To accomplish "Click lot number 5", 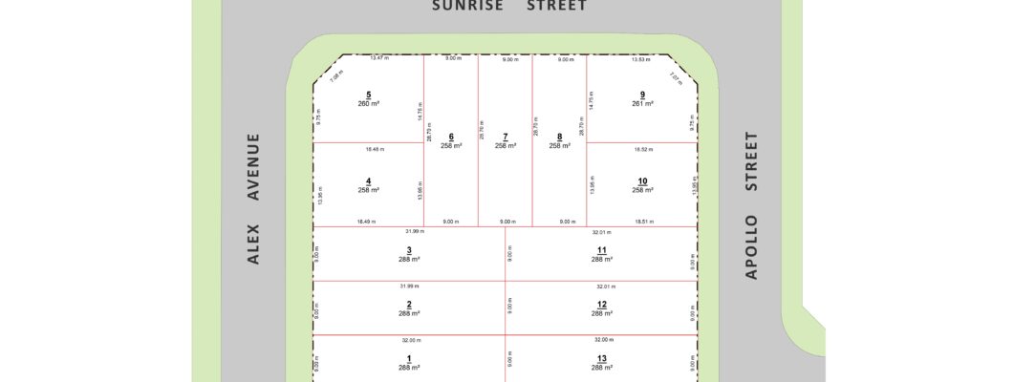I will (368, 95).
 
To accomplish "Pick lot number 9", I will (642, 95).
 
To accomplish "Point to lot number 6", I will (451, 137).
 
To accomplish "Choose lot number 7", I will (506, 137).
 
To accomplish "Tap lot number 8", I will (559, 137).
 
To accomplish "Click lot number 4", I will (368, 180).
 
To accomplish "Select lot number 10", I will (642, 180).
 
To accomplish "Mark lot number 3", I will (409, 250).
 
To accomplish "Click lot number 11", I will (600, 250).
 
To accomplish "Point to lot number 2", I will (409, 305).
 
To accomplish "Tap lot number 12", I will (600, 305).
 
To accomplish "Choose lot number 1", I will (409, 358).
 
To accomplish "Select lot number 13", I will (600, 358).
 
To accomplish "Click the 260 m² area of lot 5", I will (368, 104).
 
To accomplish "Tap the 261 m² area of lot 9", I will (642, 104).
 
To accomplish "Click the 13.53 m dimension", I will (641, 59).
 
